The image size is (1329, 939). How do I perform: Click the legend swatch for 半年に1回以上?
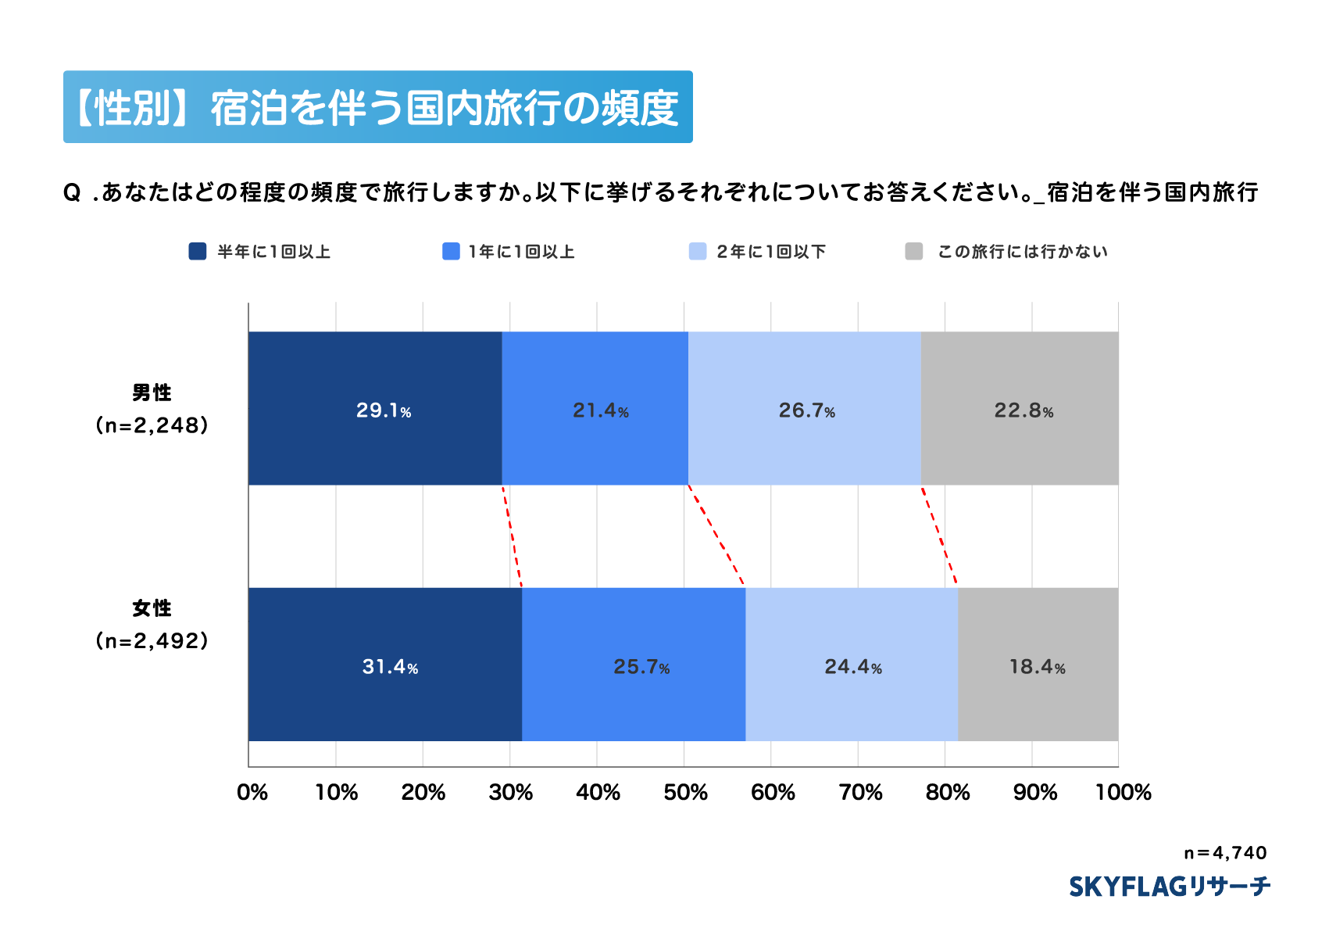198,251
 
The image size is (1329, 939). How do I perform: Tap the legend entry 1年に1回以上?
521,252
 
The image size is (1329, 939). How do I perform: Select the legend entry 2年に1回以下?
770,252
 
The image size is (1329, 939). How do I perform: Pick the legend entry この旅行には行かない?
1022,252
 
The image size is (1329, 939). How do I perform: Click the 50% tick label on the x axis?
685,793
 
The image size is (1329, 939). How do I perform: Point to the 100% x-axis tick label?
1123,793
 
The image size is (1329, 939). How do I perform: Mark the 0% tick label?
252,793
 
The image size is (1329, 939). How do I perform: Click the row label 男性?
152,392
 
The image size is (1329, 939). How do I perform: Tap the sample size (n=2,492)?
152,641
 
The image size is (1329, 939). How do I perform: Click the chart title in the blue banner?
377,107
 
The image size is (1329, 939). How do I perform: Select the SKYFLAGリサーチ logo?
1169,887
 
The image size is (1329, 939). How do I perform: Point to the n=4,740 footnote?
1224,853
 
